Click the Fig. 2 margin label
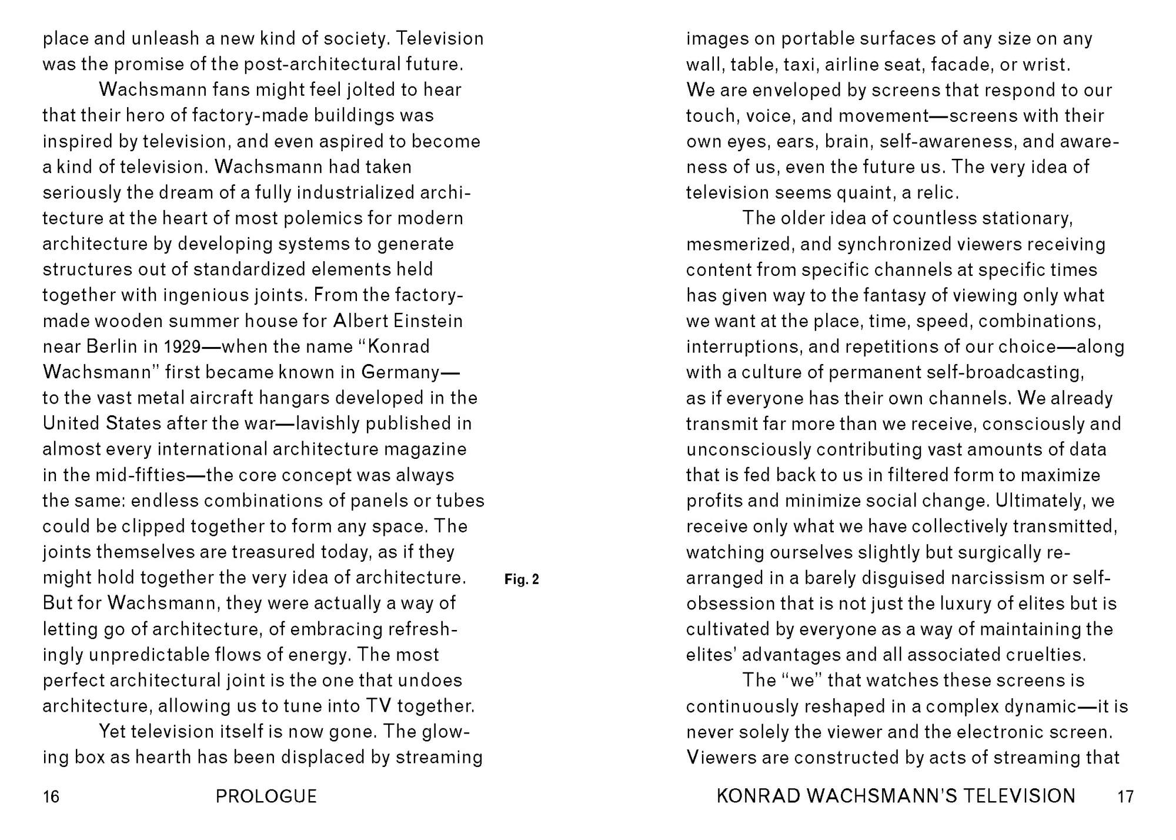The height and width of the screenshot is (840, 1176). tap(522, 579)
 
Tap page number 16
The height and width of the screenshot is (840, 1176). tap(51, 796)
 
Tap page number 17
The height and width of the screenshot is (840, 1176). tap(1125, 796)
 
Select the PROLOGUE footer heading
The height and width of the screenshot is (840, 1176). tap(266, 796)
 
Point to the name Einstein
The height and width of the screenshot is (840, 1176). tap(428, 321)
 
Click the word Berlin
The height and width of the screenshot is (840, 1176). tap(111, 346)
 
